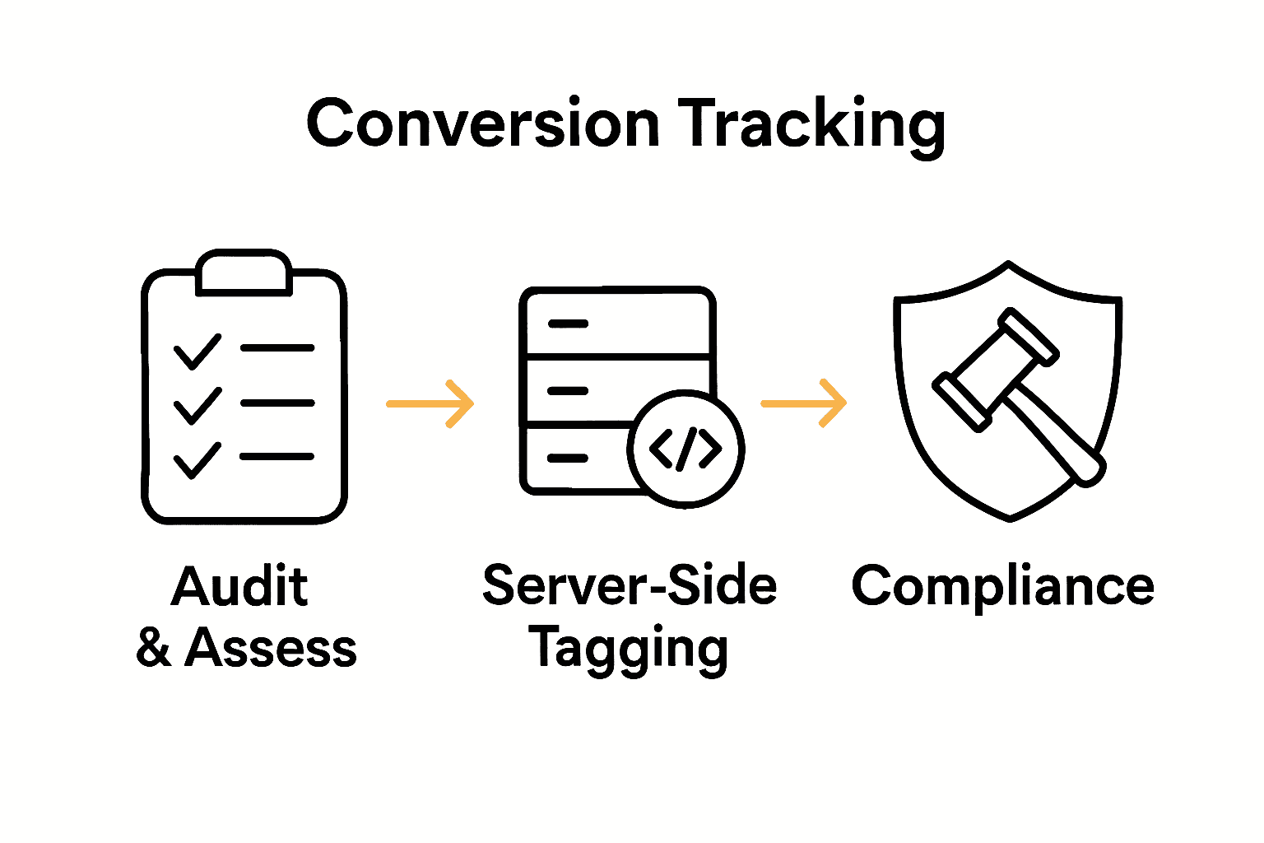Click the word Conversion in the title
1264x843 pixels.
pyautogui.click(x=483, y=124)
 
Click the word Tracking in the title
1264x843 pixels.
pyautogui.click(x=812, y=124)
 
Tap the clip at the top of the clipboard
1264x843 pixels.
pyautogui.click(x=244, y=272)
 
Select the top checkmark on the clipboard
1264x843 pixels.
pyautogui.click(x=197, y=352)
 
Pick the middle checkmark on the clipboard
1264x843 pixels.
pyautogui.click(x=197, y=405)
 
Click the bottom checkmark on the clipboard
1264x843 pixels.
pyautogui.click(x=197, y=459)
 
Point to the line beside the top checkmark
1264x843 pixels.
pyautogui.click(x=277, y=348)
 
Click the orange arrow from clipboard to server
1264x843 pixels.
pyautogui.click(x=430, y=403)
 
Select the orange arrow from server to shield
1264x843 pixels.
pyautogui.click(x=804, y=403)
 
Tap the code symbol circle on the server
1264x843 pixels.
pyautogui.click(x=685, y=449)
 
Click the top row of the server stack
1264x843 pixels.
pyautogui.click(x=616, y=324)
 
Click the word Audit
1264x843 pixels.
pyautogui.click(x=239, y=587)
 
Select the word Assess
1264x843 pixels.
pyautogui.click(x=271, y=648)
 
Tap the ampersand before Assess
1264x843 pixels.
pyautogui.click(x=154, y=648)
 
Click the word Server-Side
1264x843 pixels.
pyautogui.click(x=630, y=585)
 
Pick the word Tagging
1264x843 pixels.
pyautogui.click(x=628, y=650)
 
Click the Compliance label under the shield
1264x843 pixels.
pyautogui.click(x=1002, y=587)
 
